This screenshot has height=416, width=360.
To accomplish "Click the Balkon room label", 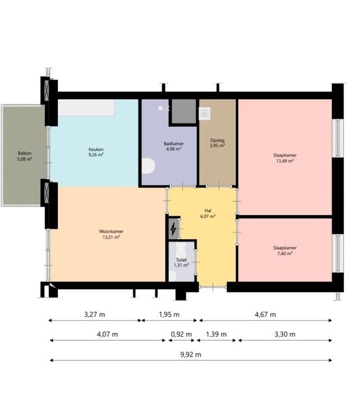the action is coord(25,153).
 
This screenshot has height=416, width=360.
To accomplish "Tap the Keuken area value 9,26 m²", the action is coord(96,155).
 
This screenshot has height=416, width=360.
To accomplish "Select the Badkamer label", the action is coord(173,144).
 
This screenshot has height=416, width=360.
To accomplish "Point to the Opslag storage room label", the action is coord(217,140).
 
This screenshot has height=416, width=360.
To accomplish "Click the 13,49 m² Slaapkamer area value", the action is coord(285,161).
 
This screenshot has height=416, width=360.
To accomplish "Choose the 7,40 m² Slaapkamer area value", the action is coord(285,253).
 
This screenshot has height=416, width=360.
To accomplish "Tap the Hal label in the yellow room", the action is coord(208,211).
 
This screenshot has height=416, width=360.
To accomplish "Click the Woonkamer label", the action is coord(111,232).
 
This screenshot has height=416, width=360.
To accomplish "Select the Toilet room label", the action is coord(181,260).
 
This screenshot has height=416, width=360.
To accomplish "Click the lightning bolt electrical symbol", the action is coord(173,229).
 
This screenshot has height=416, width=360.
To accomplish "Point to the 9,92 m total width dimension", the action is coord(191,355).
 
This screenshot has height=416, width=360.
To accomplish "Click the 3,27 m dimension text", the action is coord(94,314).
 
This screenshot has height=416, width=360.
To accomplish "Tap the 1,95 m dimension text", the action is coord(169,314).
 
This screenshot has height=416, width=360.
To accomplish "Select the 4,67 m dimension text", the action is coord(265,314).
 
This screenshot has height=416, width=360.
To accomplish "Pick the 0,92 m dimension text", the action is coord(181,334).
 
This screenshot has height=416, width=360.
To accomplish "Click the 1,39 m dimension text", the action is coord(216,334).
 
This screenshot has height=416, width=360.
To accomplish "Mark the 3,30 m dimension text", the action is coord(285,334).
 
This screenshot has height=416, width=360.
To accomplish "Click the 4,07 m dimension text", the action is coord(107,334).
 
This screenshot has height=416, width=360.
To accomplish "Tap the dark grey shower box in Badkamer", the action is coord(184,111).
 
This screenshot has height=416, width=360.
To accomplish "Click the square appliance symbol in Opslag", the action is coord(205,113).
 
